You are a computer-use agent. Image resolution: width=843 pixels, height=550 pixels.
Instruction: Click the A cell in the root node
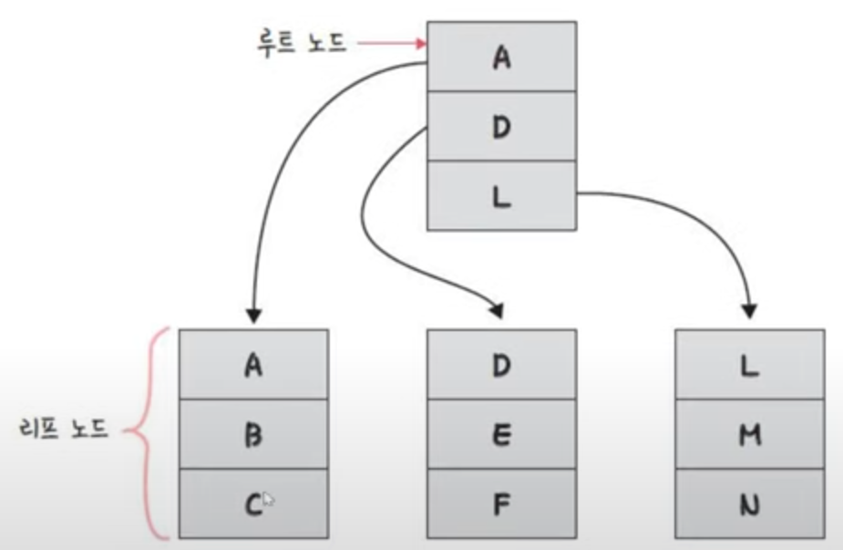(501, 57)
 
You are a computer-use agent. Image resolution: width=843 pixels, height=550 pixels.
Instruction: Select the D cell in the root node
(501, 126)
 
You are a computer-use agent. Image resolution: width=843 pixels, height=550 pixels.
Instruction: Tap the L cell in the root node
(501, 194)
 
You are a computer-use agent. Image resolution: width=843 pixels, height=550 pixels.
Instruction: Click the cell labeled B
(253, 434)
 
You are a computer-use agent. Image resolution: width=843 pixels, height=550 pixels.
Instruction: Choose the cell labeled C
(253, 503)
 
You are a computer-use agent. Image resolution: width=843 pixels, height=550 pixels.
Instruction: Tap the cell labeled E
(501, 434)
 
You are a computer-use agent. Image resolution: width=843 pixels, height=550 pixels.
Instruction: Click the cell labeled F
(501, 503)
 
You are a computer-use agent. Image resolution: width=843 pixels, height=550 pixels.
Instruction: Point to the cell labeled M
(750, 434)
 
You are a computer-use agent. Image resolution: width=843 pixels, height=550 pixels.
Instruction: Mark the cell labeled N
(750, 503)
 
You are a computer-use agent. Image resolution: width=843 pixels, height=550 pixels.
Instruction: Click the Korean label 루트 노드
(302, 43)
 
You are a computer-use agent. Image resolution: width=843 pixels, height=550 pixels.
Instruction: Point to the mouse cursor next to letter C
(269, 500)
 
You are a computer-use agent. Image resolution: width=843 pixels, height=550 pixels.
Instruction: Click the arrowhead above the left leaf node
(254, 316)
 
